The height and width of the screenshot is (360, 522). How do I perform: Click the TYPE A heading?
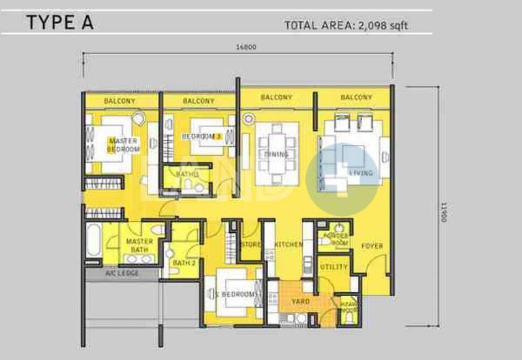click(60, 23)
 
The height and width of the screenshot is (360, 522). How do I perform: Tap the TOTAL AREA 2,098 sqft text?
click(348, 26)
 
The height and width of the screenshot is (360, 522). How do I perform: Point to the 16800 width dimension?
click(247, 47)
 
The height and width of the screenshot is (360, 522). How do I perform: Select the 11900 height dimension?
click(443, 211)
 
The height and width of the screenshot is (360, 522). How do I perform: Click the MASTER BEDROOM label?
click(123, 145)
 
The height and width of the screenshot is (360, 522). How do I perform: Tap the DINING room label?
click(277, 155)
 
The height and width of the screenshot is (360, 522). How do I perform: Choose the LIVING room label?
click(361, 173)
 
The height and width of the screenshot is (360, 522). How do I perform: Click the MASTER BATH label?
click(139, 245)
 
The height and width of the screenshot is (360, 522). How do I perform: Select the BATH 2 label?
click(184, 263)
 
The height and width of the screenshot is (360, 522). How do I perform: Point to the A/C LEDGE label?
click(122, 274)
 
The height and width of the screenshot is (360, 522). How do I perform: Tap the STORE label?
click(251, 245)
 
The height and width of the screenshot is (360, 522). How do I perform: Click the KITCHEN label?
click(288, 245)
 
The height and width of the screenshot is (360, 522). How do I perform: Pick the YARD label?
click(300, 301)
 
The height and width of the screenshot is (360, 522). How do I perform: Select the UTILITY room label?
click(333, 267)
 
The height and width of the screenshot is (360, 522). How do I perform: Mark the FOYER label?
click(372, 246)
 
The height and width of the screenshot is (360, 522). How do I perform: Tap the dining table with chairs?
click(277, 154)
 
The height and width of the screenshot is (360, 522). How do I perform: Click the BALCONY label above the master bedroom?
click(119, 101)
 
